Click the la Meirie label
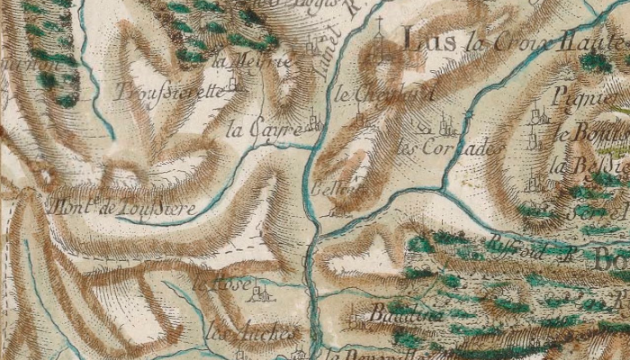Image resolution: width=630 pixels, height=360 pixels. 240,61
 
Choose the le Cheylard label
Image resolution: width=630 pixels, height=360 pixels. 372,92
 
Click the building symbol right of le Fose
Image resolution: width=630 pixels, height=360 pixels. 262,292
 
